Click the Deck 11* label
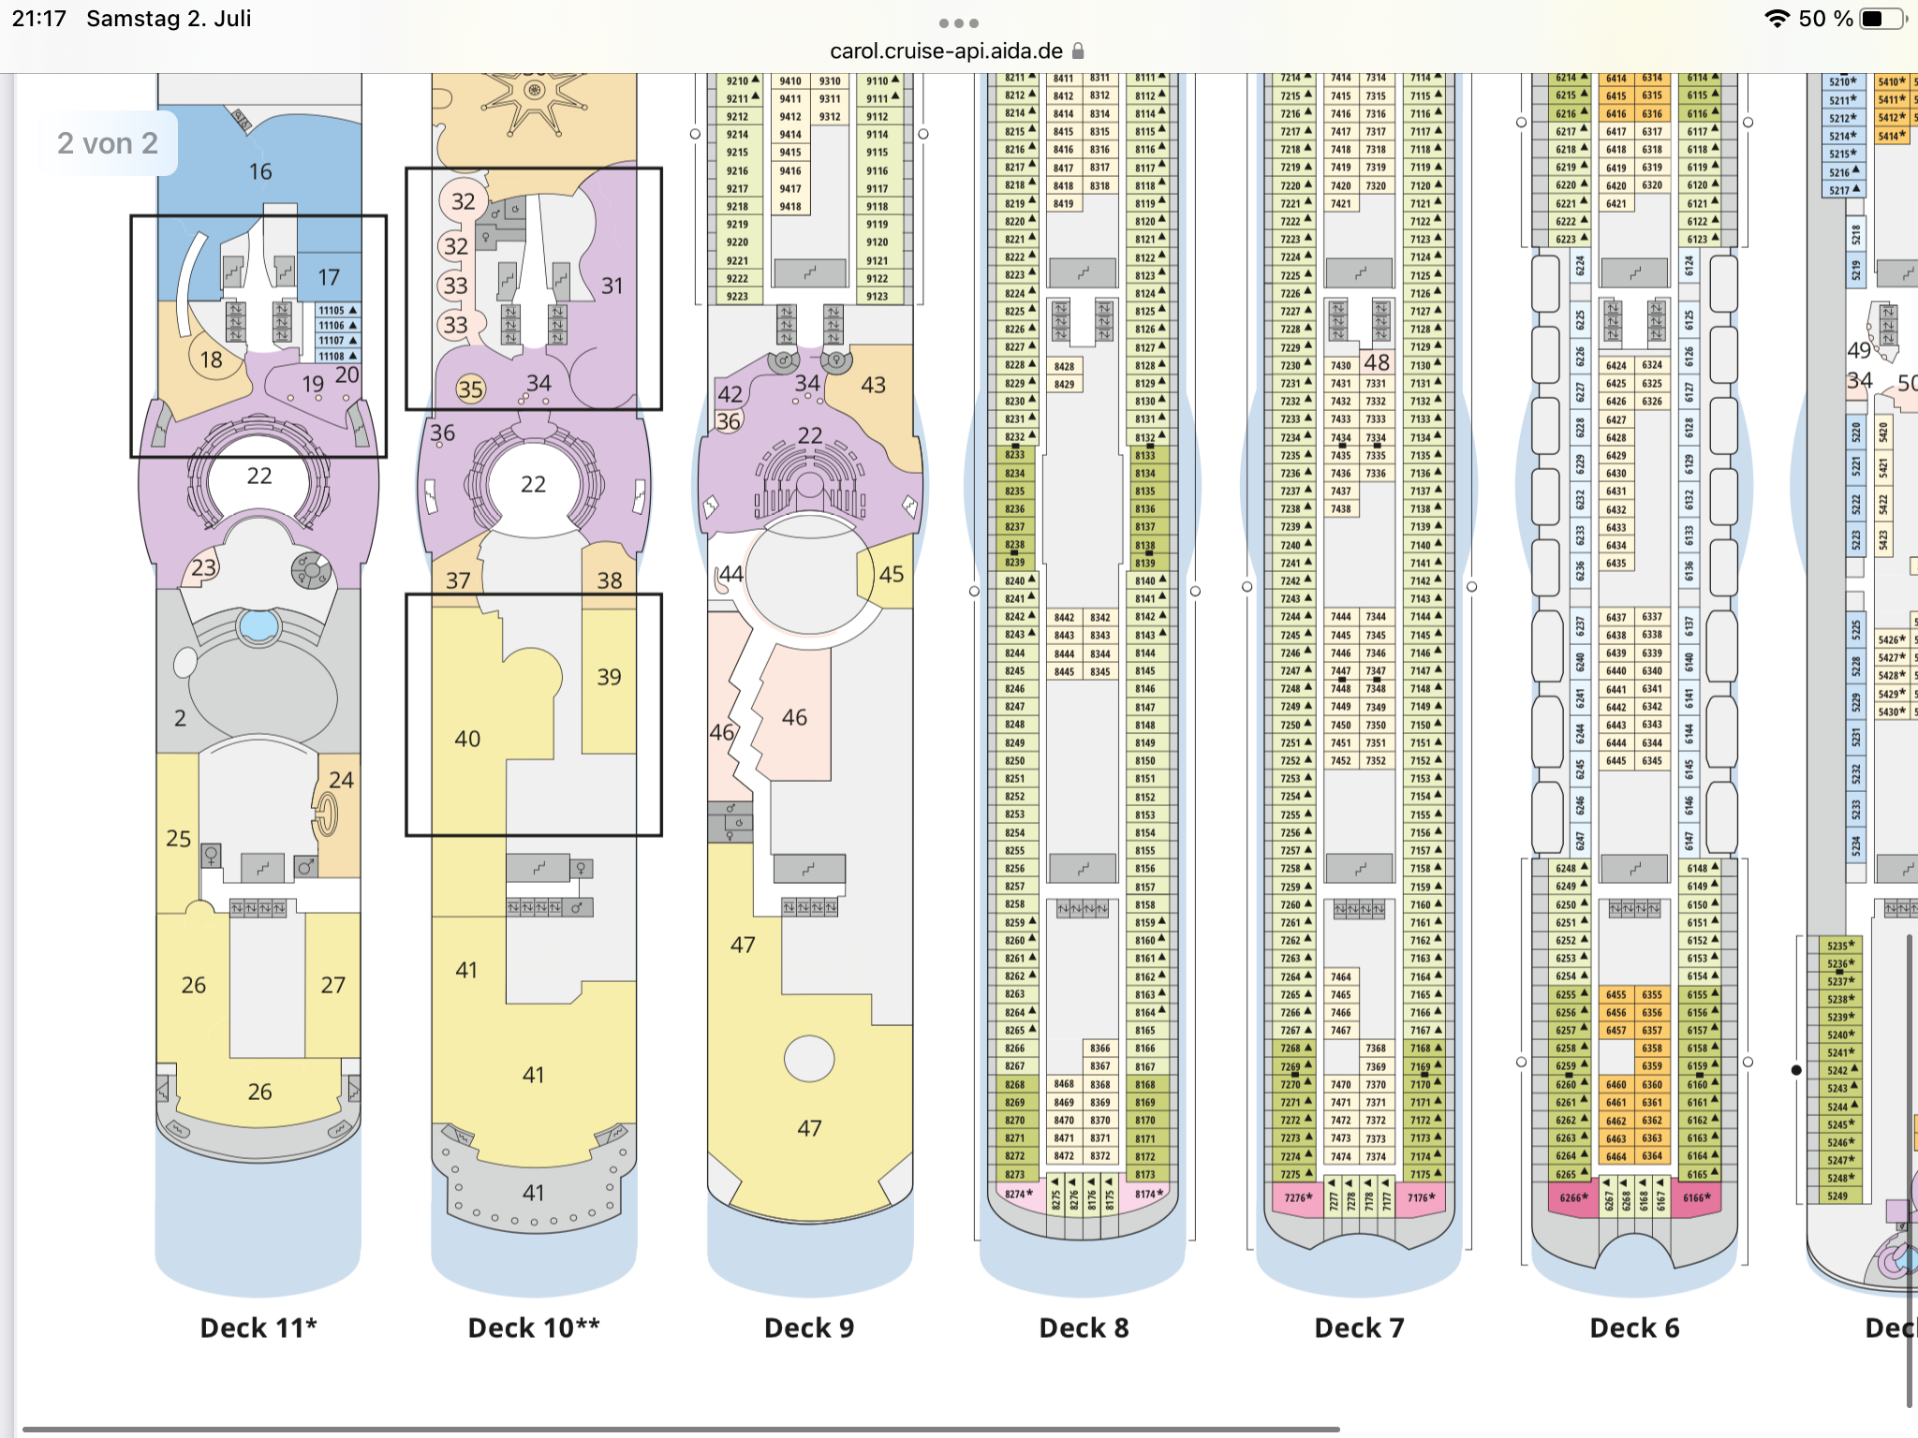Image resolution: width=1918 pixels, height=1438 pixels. [x=258, y=1328]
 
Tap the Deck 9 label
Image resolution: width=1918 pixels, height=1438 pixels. [x=809, y=1328]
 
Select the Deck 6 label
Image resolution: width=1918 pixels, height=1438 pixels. [x=1634, y=1328]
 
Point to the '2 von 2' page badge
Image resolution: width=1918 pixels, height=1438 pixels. [x=108, y=143]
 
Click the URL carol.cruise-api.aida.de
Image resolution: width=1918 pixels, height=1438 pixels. [x=946, y=51]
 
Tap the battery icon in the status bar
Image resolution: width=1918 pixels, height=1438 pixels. [x=1881, y=19]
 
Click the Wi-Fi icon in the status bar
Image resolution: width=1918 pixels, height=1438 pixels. [x=1777, y=19]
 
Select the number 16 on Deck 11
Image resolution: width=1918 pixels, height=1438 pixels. [x=260, y=171]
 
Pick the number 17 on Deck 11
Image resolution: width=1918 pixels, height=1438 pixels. [x=328, y=277]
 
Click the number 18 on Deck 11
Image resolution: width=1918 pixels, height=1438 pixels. [x=211, y=359]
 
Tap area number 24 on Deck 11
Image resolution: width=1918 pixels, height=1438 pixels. [x=341, y=780]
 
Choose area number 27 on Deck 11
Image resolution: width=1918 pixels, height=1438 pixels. [x=332, y=985]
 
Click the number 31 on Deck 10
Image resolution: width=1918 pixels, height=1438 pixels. [x=612, y=286]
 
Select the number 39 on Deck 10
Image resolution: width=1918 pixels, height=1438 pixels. [x=609, y=677]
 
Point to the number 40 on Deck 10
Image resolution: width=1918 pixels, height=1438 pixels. [x=467, y=739]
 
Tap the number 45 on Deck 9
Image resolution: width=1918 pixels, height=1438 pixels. [x=891, y=574]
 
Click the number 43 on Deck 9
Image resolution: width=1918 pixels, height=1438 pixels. [x=873, y=385]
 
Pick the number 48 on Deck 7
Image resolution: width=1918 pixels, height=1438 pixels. [x=1377, y=362]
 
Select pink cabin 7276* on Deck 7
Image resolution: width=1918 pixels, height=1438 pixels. [x=1298, y=1197]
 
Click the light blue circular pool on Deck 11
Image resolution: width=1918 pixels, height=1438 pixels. [x=258, y=624]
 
